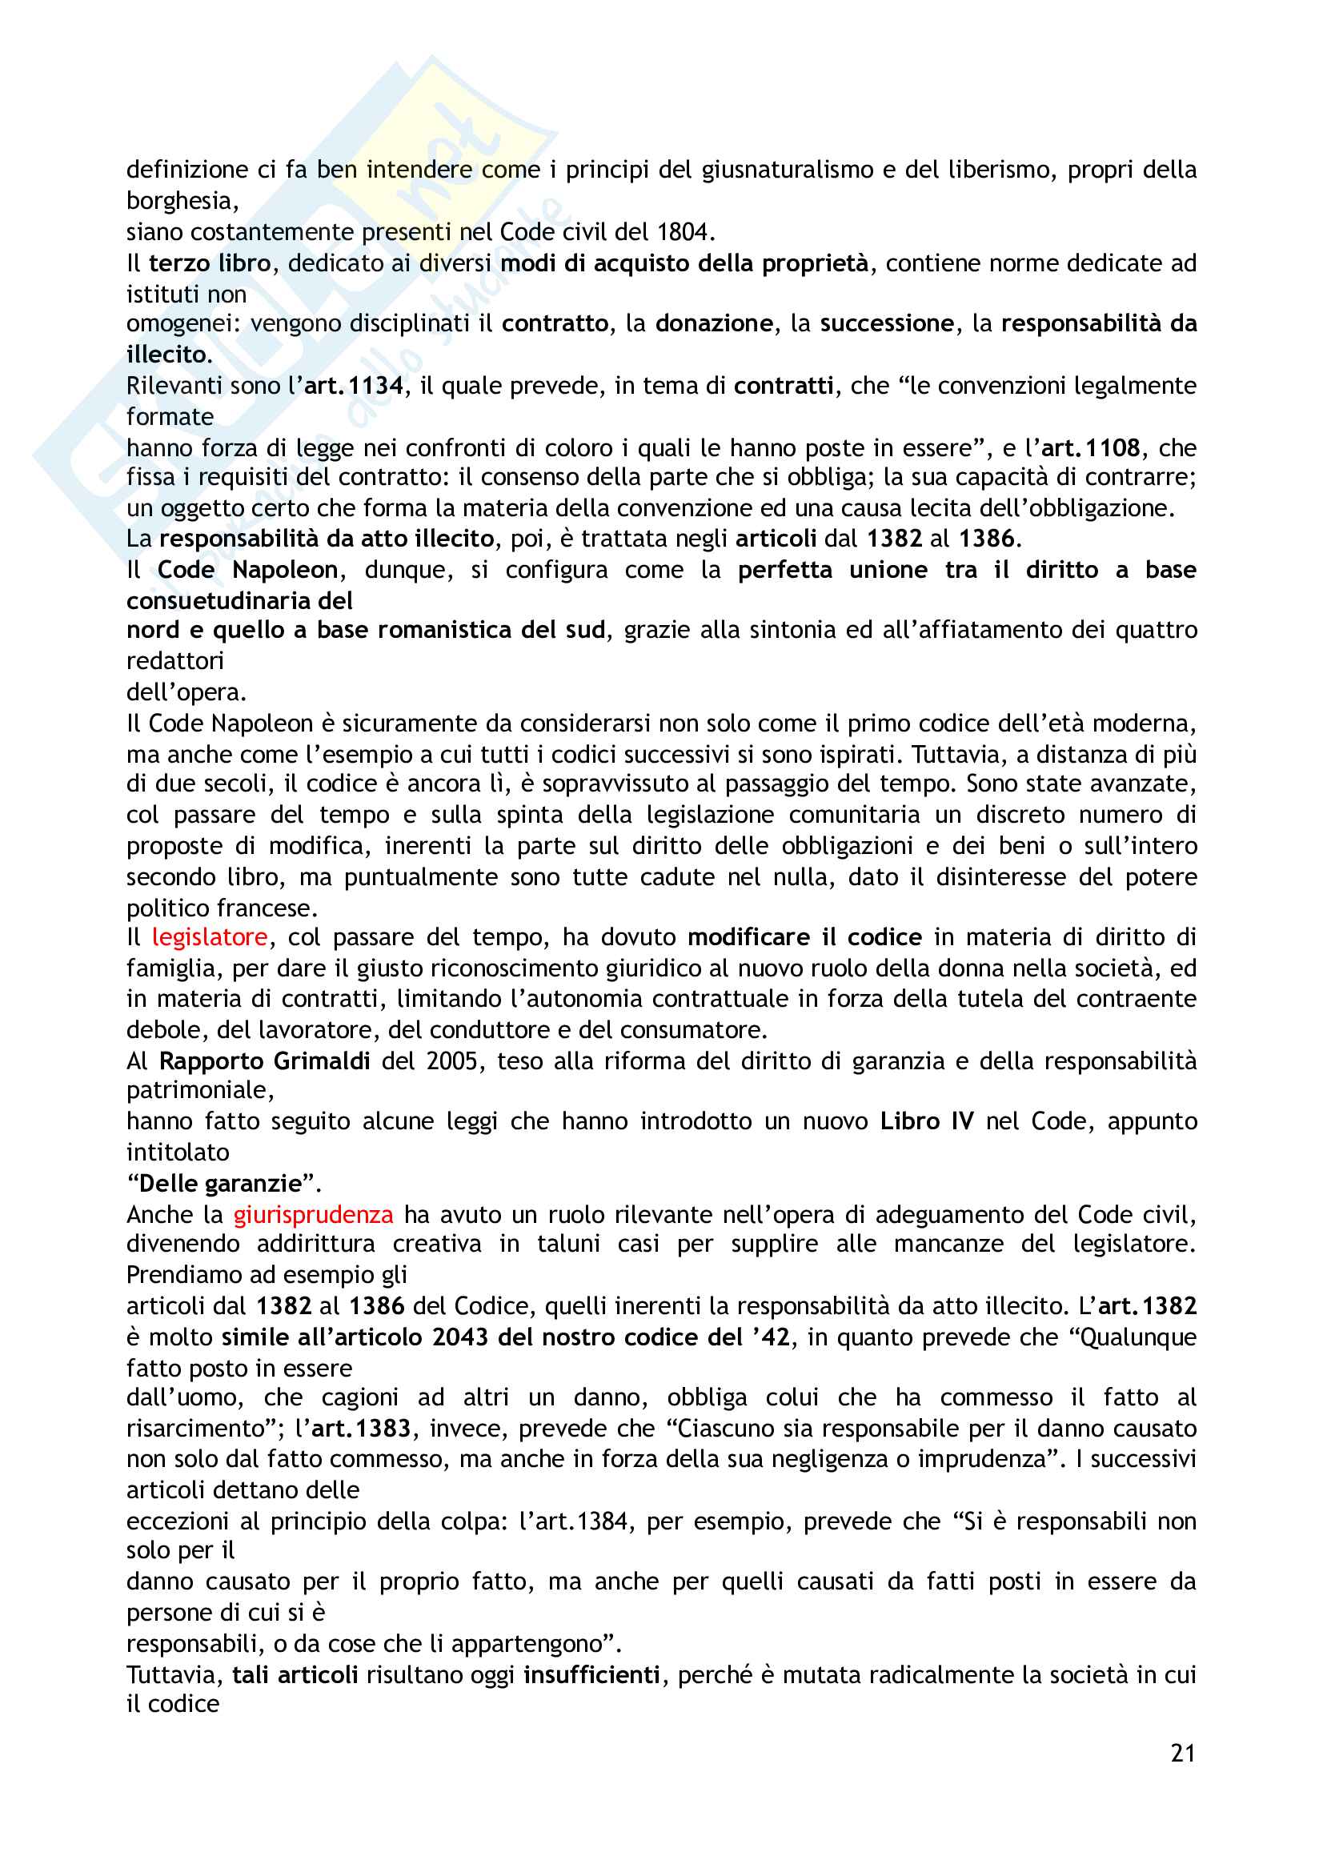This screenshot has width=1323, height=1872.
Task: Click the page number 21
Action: (x=1182, y=1752)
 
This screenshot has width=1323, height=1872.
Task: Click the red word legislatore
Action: (x=210, y=938)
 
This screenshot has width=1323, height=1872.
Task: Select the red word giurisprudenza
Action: (x=313, y=1215)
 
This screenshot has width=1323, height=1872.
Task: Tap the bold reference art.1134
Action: (x=354, y=386)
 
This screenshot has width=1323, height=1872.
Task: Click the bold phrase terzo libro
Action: (x=210, y=263)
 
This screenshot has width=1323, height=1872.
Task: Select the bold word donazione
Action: (x=714, y=323)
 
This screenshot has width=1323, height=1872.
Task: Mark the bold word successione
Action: (x=886, y=323)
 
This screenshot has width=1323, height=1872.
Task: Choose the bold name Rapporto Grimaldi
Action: (x=264, y=1060)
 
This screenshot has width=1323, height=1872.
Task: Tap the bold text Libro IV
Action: (x=926, y=1121)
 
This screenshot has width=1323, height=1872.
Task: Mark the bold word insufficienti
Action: (x=591, y=1674)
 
